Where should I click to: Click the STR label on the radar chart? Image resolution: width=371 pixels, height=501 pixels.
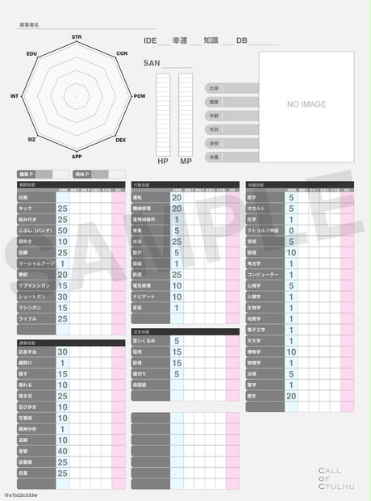point(77,37)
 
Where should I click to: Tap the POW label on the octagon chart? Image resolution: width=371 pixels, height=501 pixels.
point(140,95)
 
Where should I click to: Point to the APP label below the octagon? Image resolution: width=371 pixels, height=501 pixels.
point(77,156)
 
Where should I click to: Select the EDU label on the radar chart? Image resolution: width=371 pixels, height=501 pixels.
point(32,53)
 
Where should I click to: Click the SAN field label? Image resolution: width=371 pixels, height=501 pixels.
point(152,62)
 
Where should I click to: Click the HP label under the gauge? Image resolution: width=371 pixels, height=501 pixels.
point(162,162)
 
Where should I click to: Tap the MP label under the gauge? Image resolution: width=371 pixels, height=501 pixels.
point(185,162)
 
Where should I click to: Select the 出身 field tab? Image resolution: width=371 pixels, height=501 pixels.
point(215,87)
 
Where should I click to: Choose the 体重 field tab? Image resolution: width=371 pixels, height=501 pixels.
point(215,157)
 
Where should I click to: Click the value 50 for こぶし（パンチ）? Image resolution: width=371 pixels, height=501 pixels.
point(62,230)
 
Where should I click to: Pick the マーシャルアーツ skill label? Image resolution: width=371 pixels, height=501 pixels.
point(35,263)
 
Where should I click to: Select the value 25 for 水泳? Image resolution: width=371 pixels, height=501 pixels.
point(177,241)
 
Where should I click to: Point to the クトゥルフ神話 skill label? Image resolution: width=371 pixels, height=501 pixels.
point(264,230)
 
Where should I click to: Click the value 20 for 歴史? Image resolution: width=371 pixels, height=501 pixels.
point(291,396)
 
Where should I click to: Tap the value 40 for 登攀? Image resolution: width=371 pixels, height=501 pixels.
point(62,451)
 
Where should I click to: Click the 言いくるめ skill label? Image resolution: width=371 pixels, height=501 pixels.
point(144,341)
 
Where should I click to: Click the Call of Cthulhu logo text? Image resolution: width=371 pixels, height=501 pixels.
point(331,478)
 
